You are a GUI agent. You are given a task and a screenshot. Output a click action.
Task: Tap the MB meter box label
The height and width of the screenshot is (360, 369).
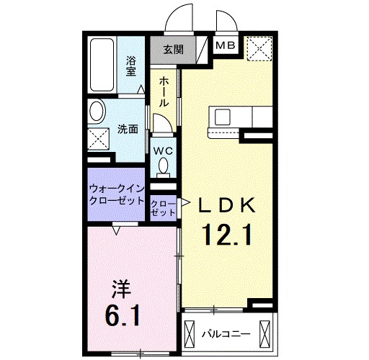point(226,45)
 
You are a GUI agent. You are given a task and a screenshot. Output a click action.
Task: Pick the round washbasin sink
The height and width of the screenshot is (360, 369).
point(97,112)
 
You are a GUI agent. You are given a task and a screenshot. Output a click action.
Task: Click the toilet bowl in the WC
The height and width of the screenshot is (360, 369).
point(164,166)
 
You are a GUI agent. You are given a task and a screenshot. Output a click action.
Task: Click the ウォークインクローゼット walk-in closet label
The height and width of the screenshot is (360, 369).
point(117,195)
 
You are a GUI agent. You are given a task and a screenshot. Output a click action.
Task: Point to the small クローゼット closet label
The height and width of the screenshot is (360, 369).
point(164,209)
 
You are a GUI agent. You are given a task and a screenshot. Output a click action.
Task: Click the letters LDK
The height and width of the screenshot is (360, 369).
point(226,205)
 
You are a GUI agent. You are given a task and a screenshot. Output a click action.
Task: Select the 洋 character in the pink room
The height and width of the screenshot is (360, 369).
point(122,289)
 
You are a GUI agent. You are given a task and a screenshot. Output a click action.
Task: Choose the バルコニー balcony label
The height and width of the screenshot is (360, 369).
point(226,334)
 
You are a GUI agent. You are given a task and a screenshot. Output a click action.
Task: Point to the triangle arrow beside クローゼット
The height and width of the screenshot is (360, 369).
point(184,203)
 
